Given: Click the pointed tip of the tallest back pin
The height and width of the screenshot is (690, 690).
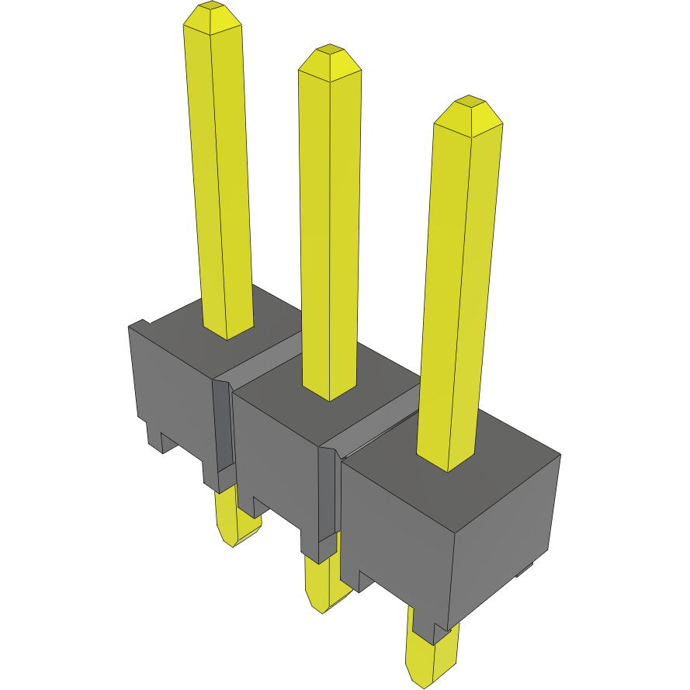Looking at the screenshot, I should pos(211,16).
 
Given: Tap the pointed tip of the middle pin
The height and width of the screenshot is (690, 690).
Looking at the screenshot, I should pos(330,61).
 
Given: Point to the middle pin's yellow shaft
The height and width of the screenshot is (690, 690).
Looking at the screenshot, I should pos(330,233).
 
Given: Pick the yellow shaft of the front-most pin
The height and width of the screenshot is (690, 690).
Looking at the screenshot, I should pos(458,295).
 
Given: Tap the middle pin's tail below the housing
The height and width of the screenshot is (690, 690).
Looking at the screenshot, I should pos(322,586).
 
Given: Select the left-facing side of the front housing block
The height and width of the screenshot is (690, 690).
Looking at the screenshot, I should pos(396,543).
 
